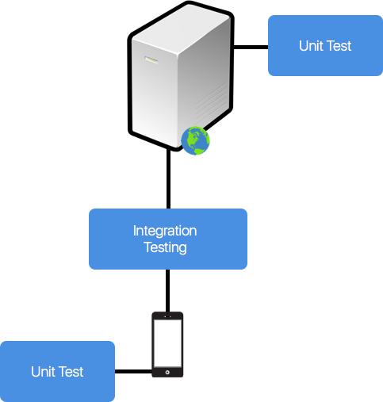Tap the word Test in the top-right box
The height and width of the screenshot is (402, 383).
pos(339,46)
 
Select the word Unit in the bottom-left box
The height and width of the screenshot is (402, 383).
pos(44,372)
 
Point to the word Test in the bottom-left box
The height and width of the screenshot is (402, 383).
pos(71,372)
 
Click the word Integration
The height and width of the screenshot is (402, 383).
pos(165,232)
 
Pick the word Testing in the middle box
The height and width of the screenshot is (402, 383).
pos(165,247)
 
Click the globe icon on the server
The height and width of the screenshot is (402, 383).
pos(196,140)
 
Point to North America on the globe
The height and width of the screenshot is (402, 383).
pos(192,136)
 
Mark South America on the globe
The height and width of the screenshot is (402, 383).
pos(199,146)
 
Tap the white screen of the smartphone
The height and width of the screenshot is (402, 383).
pos(167,343)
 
